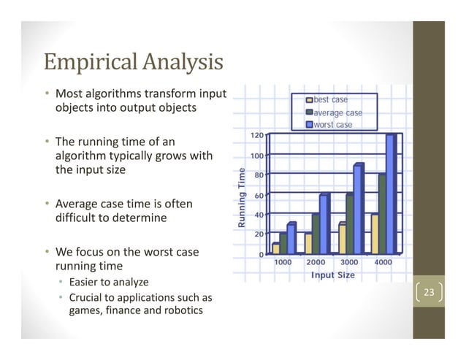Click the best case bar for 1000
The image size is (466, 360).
(275, 248)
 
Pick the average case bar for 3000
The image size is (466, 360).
(349, 223)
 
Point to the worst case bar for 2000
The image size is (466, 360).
(324, 224)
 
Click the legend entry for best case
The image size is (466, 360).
(330, 99)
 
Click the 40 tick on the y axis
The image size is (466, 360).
(259, 215)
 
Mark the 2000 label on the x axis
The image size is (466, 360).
(316, 262)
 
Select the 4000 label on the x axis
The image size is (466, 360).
(383, 262)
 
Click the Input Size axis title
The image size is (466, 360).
(332, 275)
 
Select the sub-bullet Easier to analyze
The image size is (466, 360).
(108, 283)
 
